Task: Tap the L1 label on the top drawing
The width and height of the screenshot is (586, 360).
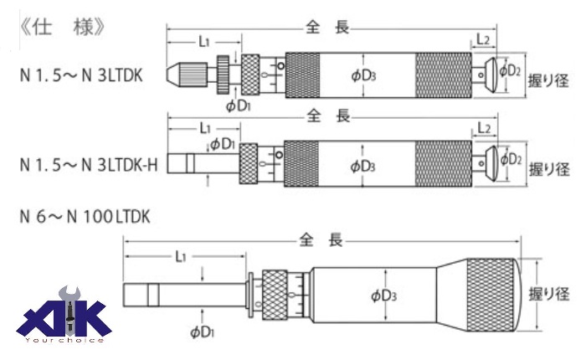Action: tap(204, 40)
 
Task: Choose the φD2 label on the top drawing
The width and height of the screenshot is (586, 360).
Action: tap(511, 71)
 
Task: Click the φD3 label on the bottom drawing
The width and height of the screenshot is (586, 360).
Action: tap(385, 295)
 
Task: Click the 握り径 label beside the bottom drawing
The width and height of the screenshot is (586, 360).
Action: tap(548, 294)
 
